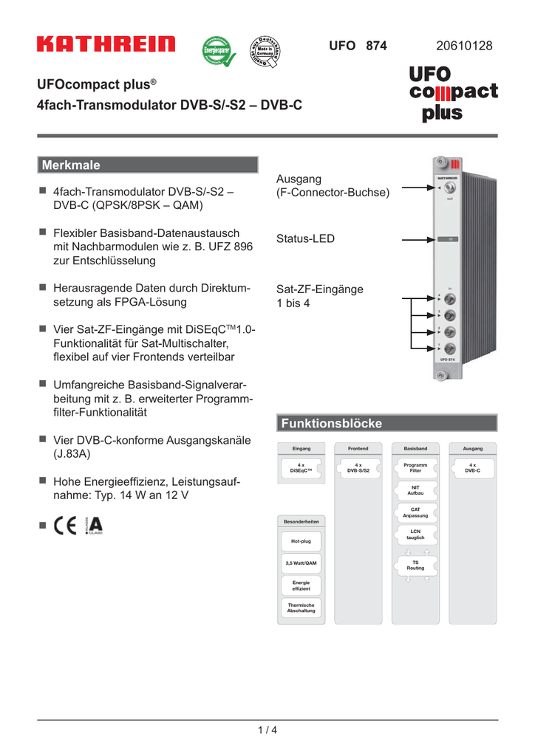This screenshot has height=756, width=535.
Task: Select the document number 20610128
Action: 464,46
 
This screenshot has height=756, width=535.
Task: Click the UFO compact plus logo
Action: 452,93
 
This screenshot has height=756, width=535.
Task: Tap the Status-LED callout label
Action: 305,238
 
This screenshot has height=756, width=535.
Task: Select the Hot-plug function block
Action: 300,541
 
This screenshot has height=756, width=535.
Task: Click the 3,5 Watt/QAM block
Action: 300,563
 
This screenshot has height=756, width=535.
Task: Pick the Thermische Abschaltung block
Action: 300,608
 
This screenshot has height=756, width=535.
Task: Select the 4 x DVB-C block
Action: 472,467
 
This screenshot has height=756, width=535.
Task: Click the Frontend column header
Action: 358,448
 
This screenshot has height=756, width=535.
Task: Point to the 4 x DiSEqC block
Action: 300,467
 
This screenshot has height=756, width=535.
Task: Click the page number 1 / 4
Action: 267,730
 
